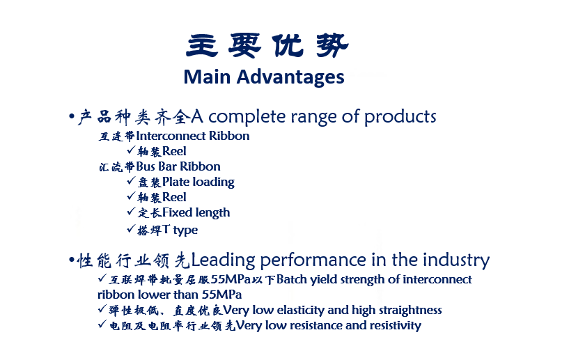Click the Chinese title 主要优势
(x=267, y=45)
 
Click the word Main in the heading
(x=207, y=77)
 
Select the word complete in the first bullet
(x=247, y=116)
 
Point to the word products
(x=400, y=116)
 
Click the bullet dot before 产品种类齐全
(x=72, y=116)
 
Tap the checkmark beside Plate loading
(x=131, y=180)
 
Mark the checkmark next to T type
(x=131, y=228)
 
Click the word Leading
(x=223, y=260)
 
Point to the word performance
(x=313, y=260)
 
